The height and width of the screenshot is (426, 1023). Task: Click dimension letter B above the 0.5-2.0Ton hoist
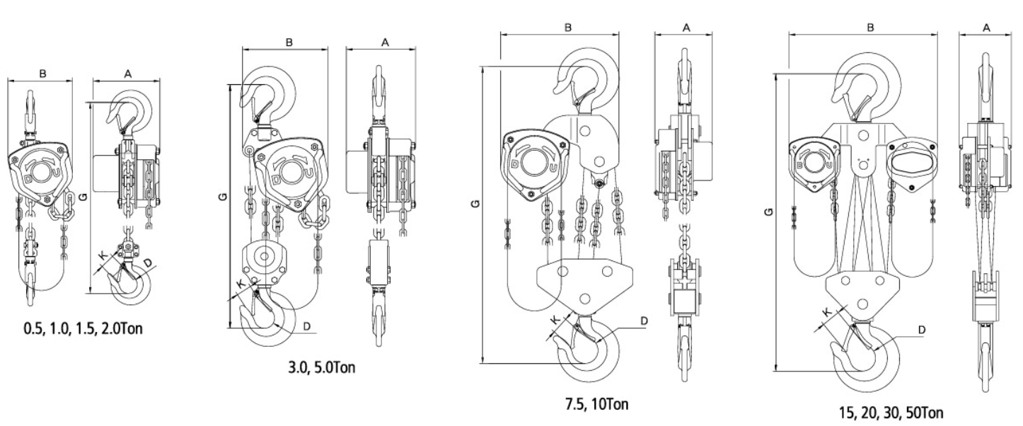[x=43, y=73]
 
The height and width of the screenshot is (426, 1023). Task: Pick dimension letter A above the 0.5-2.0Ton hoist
[x=127, y=73]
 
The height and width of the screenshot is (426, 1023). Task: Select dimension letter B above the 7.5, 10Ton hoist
[x=568, y=28]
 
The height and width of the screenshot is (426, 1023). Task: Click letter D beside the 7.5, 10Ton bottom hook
[x=644, y=321]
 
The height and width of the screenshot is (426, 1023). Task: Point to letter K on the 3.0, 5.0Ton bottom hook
[x=241, y=283]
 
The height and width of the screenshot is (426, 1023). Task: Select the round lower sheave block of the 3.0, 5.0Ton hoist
[x=264, y=259]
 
